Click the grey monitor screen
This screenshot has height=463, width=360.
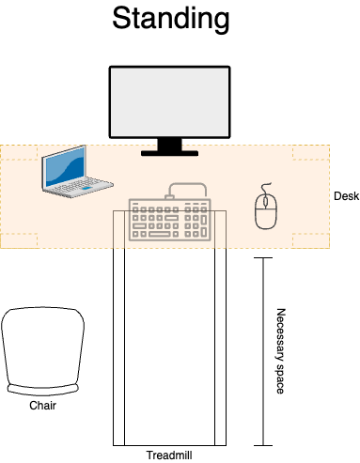click(x=169, y=101)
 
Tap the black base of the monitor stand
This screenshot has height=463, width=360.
click(x=169, y=152)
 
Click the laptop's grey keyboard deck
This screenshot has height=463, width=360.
click(x=79, y=187)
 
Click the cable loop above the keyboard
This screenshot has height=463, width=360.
click(x=187, y=189)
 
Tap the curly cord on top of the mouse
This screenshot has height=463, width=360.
click(x=266, y=187)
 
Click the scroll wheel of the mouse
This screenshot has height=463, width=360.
click(x=266, y=201)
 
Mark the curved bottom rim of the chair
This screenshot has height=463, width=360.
click(x=42, y=389)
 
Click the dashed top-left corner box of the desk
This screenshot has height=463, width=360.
click(x=19, y=152)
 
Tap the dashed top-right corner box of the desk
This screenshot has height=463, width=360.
click(x=310, y=152)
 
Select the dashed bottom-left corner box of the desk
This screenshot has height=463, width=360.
click(x=19, y=240)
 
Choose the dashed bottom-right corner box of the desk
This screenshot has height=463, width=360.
click(x=310, y=240)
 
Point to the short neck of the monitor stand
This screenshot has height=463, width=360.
click(x=169, y=144)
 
